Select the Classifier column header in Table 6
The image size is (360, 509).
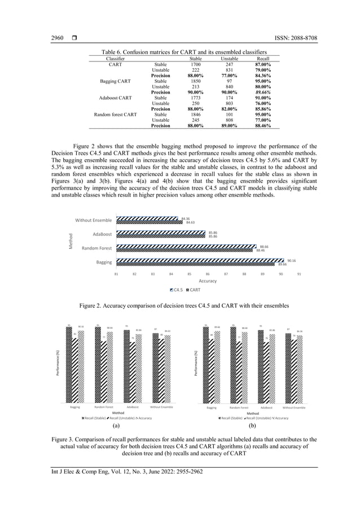(116, 59)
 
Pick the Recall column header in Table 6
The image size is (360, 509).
(262, 59)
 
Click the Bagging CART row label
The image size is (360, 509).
(116, 81)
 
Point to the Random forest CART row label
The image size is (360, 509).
(116, 115)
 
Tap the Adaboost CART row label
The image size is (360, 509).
(116, 98)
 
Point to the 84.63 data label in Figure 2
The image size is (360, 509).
(190, 222)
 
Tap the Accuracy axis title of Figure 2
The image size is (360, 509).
(208, 280)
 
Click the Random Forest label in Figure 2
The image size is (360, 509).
(96, 248)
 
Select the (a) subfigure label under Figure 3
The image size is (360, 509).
(115, 427)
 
